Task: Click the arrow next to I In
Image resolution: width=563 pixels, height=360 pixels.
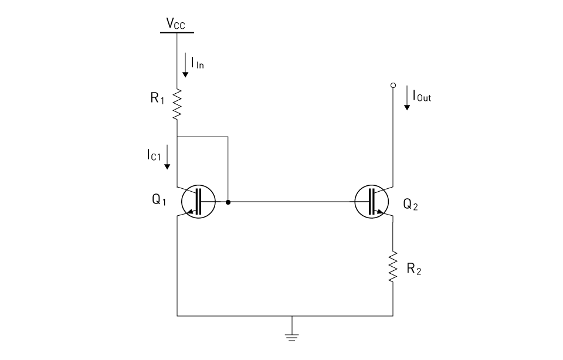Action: (x=185, y=66)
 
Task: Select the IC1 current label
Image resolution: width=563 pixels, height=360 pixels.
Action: (x=153, y=155)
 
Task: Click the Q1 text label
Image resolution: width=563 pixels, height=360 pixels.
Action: (x=159, y=200)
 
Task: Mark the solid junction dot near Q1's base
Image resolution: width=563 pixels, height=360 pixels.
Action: (x=228, y=202)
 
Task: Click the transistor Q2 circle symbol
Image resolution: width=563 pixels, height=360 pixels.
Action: (x=372, y=202)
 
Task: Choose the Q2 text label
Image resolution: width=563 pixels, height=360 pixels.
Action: (x=411, y=205)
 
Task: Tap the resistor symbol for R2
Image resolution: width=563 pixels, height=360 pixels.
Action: (x=393, y=267)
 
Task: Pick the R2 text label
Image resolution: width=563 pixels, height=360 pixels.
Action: (x=414, y=270)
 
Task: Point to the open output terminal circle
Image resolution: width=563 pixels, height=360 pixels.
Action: (x=393, y=86)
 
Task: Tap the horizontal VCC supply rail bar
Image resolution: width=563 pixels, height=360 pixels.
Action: (x=177, y=32)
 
